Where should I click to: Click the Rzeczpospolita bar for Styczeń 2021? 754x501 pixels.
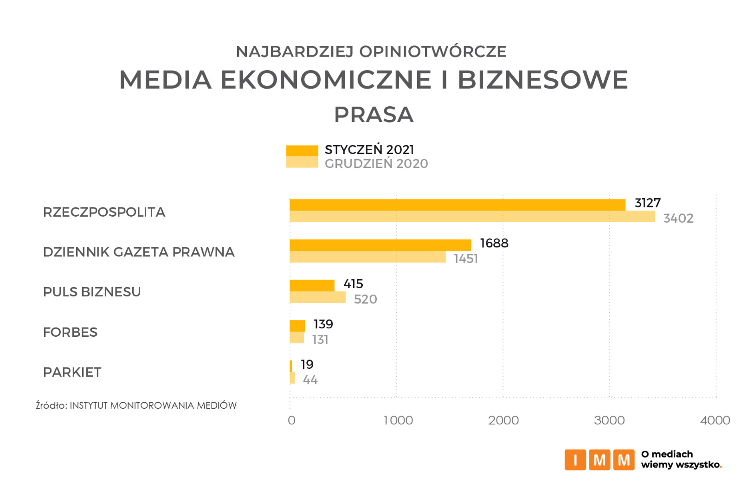pos(457,205)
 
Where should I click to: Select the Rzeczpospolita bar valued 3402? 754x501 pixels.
pos(472,217)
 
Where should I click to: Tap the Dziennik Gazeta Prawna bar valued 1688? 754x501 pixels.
pos(380,245)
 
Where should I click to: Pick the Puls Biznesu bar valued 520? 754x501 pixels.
pos(317,297)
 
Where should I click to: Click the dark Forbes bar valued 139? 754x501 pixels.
pos(297,326)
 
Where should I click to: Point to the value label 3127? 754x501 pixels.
pos(647,203)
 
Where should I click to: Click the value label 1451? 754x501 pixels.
pos(465,258)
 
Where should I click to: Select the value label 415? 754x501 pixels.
pos(353,284)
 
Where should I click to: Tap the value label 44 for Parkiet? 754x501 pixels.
pos(310,380)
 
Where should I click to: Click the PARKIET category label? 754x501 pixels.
pos(72,372)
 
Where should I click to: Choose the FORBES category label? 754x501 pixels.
pos(70,332)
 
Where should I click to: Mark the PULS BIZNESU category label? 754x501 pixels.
pos(92,292)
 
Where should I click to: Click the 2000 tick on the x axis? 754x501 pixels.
pos(503,420)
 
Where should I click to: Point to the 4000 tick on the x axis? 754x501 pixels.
pos(715,420)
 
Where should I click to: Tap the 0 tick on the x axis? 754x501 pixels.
pos(291,420)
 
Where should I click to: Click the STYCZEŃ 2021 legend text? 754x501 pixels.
pos(369,150)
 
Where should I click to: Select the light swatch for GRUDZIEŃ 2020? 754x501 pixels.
pos(302,162)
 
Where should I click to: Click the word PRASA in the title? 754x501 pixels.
pos(374,115)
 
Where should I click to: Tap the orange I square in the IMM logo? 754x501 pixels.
pos(575,460)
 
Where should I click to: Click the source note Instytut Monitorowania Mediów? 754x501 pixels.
pos(136,405)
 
